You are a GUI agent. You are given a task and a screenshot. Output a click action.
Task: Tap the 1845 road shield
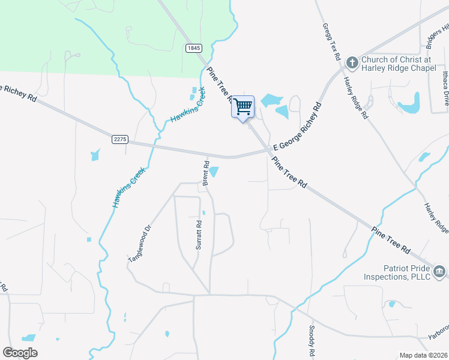tap(193, 48)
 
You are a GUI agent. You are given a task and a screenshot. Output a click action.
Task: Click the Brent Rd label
tap(205, 173)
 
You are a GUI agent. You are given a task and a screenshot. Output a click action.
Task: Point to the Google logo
tap(20, 353)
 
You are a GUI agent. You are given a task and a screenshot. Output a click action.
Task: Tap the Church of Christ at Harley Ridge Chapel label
tap(396, 64)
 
